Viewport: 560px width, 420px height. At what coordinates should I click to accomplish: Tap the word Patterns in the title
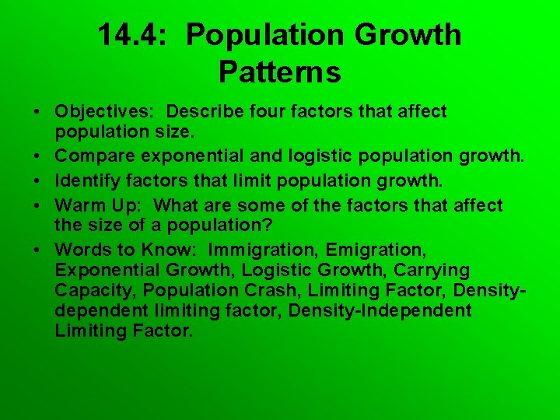click(279, 72)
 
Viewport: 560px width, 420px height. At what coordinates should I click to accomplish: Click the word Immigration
click(261, 250)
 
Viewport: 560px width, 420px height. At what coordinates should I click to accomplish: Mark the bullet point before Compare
click(37, 158)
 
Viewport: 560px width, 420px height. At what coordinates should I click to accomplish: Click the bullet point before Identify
click(37, 182)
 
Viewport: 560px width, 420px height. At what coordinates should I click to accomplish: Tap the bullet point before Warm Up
click(37, 205)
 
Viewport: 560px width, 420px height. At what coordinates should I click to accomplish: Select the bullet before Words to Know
click(37, 250)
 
